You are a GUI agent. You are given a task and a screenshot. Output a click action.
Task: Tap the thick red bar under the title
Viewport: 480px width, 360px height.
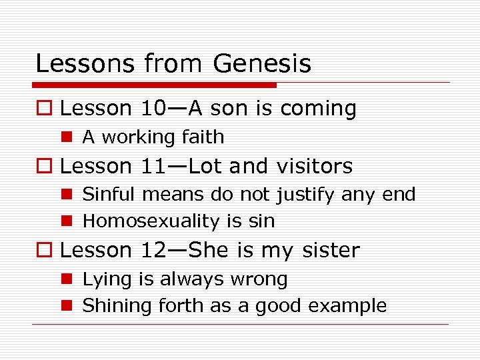click(x=155, y=85)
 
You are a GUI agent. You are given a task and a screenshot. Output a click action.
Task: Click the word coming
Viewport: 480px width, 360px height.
click(x=318, y=108)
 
